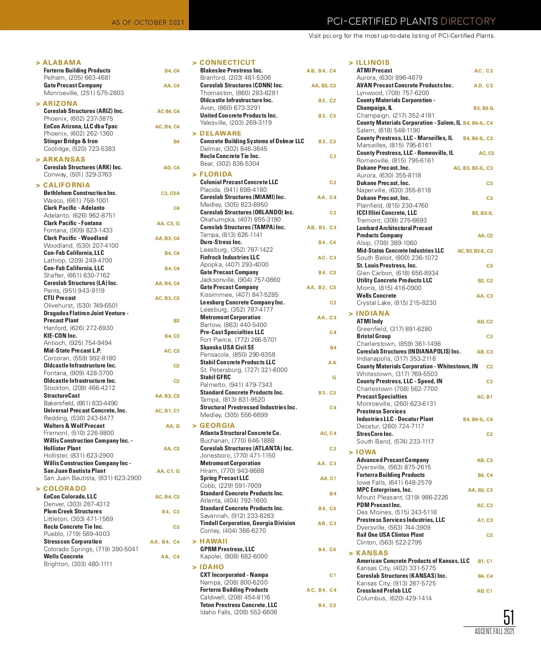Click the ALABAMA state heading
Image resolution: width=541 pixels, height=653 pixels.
[x=62, y=63]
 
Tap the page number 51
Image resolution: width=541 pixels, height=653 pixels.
[x=509, y=617]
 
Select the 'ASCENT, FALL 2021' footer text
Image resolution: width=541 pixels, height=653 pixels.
[x=494, y=631]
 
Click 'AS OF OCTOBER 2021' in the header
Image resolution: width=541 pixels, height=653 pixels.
[x=148, y=22]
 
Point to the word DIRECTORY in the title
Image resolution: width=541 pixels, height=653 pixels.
[x=468, y=21]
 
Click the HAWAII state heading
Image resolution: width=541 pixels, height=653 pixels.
[x=213, y=541]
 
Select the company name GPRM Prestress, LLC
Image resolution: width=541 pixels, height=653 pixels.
[x=227, y=549]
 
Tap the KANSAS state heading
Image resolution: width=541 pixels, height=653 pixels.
[x=372, y=553]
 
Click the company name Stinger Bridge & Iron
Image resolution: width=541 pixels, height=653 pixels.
[x=71, y=141]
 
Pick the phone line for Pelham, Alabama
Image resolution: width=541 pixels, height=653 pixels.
[x=77, y=77]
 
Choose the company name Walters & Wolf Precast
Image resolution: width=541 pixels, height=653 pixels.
[x=74, y=426]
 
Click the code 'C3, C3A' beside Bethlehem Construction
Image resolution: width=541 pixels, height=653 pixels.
[x=170, y=193]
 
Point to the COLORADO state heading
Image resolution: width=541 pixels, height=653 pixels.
[x=64, y=489]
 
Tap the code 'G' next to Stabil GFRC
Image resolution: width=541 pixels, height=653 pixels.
[x=334, y=377]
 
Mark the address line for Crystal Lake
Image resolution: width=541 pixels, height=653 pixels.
[x=396, y=303]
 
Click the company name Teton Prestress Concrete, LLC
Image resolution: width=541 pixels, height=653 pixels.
[x=238, y=605]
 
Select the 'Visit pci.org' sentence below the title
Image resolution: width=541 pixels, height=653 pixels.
[x=402, y=36]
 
